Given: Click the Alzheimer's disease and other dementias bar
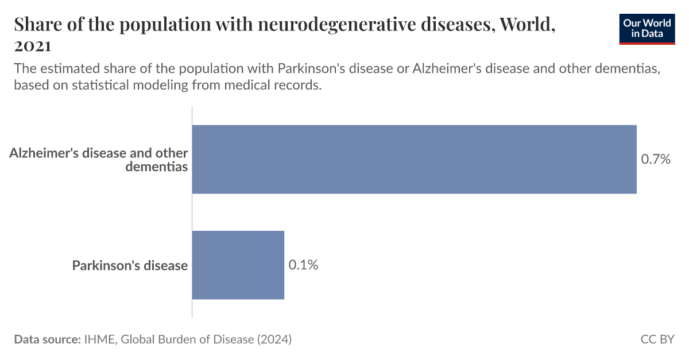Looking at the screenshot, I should tap(414, 159).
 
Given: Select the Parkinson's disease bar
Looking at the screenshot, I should tap(238, 265).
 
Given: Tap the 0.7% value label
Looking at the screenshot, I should tap(656, 160).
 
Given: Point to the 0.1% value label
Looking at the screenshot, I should tap(303, 265).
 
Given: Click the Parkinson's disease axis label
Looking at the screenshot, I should tap(130, 265).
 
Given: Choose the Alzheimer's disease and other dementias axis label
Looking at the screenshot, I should tap(99, 160).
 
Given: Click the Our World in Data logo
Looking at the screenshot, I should tap(647, 29).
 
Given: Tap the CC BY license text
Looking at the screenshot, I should tap(657, 339).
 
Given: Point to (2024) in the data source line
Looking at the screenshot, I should tap(274, 339).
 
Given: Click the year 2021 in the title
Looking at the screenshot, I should tap(33, 45).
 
